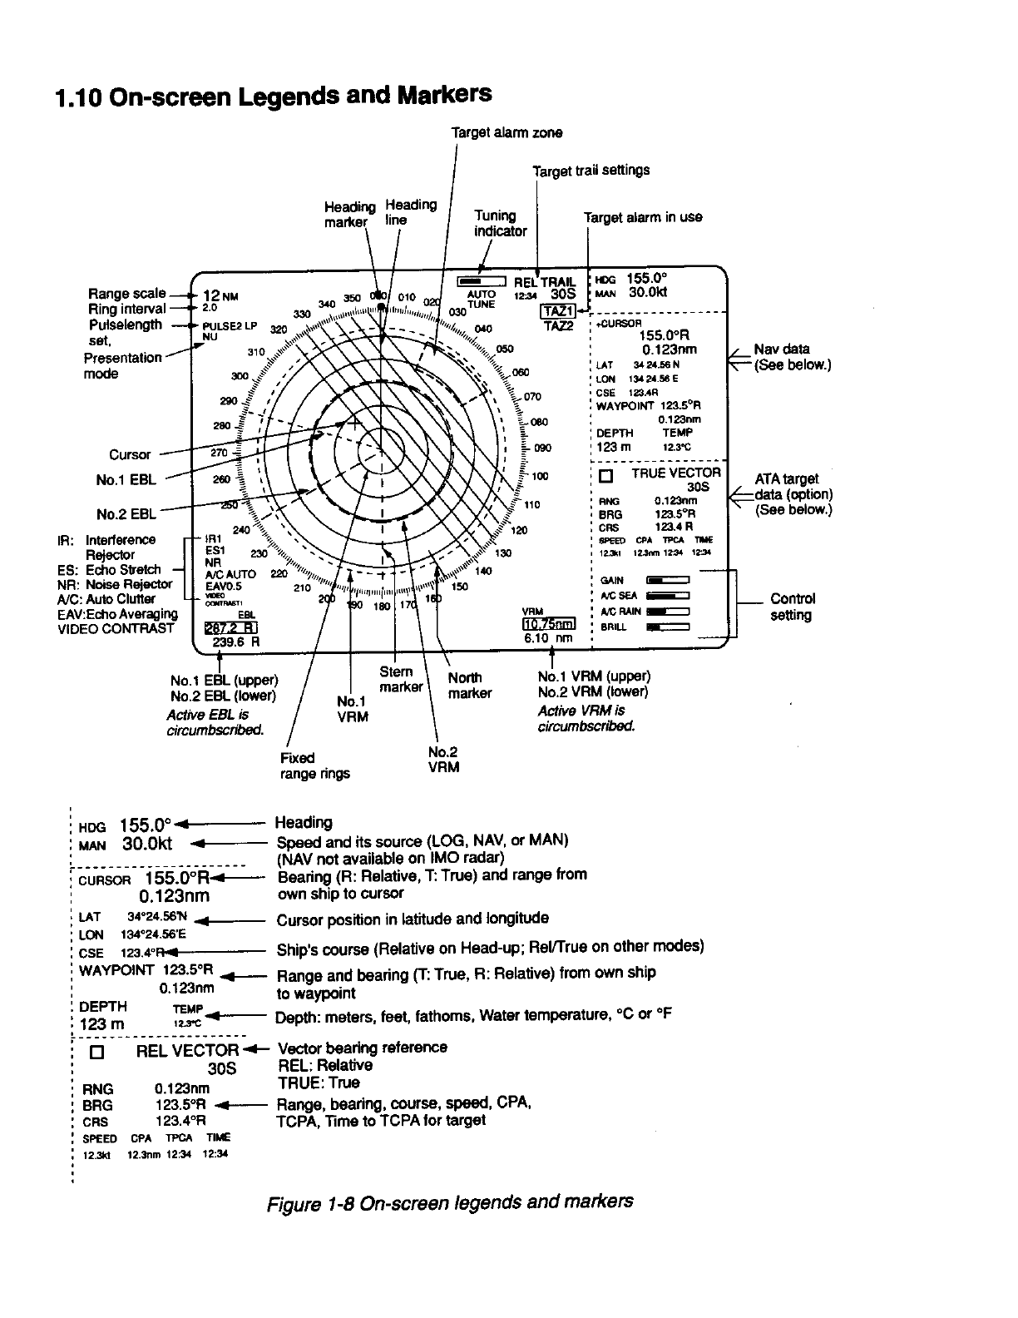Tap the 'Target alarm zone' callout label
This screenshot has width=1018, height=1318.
click(507, 132)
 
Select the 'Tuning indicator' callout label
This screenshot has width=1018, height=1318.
click(500, 223)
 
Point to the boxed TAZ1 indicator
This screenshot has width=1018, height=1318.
click(556, 311)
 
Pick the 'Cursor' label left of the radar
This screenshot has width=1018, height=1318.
click(131, 454)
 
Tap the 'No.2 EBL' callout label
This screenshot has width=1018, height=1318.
click(126, 514)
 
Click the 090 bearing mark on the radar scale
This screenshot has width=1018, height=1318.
click(542, 448)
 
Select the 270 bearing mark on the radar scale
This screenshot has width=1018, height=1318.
click(219, 453)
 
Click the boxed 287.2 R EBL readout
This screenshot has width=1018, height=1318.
click(230, 627)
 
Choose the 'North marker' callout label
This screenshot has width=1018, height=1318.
click(469, 685)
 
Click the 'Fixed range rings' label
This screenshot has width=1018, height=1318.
click(314, 766)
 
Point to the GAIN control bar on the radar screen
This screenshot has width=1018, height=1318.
click(668, 580)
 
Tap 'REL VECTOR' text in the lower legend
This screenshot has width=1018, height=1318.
click(187, 1050)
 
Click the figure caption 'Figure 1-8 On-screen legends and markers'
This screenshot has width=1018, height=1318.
click(450, 1202)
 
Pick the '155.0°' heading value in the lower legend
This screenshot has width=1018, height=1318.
click(146, 825)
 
